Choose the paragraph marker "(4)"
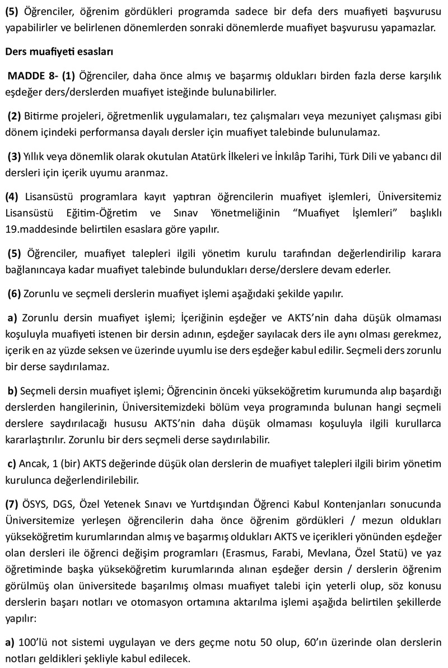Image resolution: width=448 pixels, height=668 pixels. pos(12,197)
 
